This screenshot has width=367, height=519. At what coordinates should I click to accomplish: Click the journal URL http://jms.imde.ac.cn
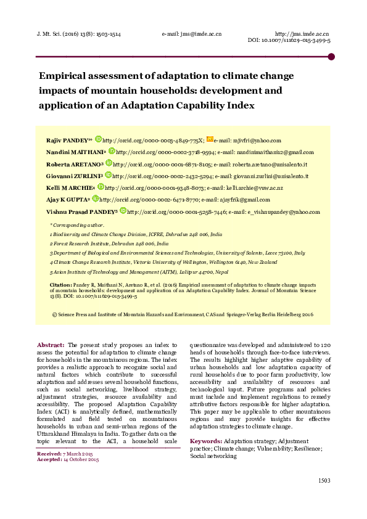301,33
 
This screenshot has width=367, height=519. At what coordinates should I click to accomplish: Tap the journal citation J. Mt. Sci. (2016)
68,33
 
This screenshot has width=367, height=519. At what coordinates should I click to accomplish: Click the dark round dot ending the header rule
331,57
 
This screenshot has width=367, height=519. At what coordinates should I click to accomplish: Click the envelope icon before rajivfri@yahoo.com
210,140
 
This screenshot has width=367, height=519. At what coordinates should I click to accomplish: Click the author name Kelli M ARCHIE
70,187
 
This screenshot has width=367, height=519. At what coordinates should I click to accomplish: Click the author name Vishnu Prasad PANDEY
81,211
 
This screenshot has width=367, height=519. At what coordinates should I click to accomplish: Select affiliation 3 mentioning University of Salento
178,253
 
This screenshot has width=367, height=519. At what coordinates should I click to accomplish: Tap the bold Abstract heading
51,345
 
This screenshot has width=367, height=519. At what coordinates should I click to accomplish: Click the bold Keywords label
205,441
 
